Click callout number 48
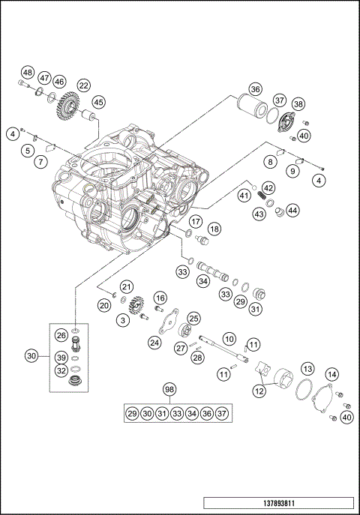27,72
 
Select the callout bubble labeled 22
83,85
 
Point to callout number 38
298,104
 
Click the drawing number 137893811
277,504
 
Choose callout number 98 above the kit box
170,390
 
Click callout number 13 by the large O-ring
307,368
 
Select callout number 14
331,374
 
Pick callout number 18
214,229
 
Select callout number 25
193,319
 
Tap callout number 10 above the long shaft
229,339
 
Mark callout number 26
61,335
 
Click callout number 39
61,358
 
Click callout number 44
292,211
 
